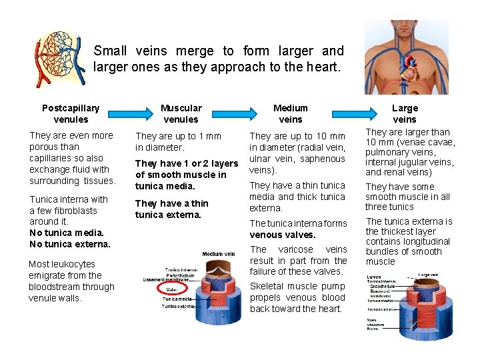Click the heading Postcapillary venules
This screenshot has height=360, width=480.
pyautogui.click(x=71, y=113)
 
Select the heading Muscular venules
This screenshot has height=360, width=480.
pyautogui.click(x=181, y=113)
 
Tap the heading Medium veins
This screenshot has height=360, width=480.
pyautogui.click(x=291, y=113)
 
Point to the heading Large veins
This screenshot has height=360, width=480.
pyautogui.click(x=405, y=113)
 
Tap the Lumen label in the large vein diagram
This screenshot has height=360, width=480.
pyautogui.click(x=373, y=277)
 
